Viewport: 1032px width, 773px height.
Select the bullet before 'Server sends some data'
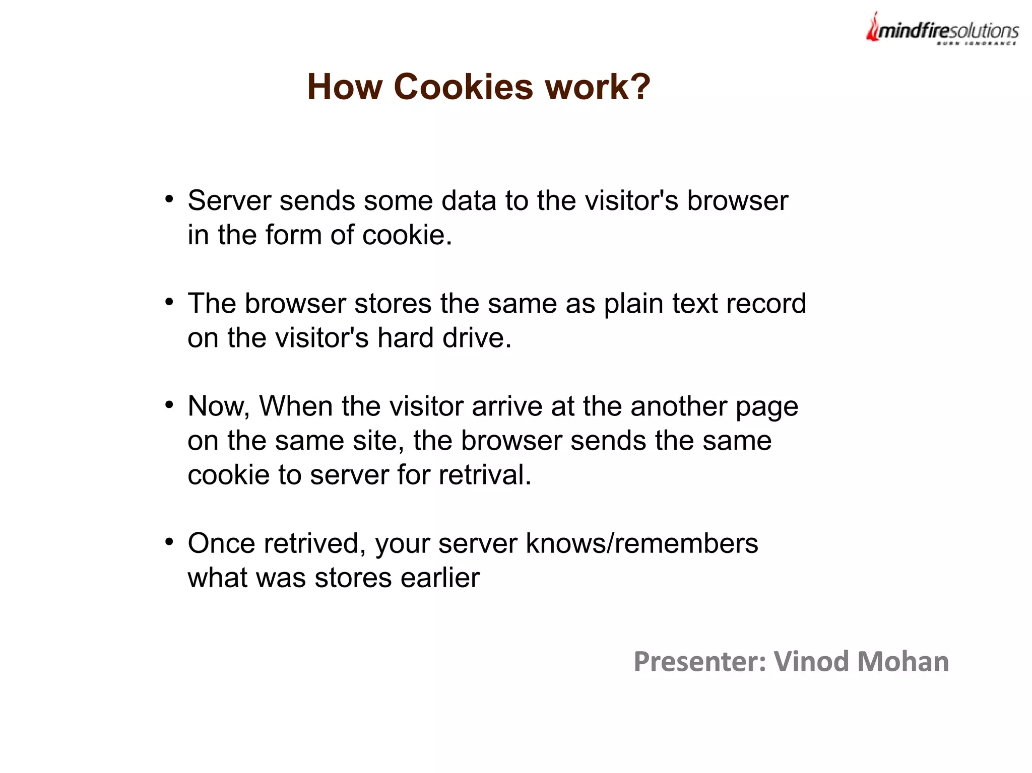pyautogui.click(x=169, y=199)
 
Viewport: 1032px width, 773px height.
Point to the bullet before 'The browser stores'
pyautogui.click(x=169, y=302)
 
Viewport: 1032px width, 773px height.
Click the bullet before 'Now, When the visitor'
pyautogui.click(x=169, y=404)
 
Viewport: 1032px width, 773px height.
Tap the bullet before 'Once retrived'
pyautogui.click(x=169, y=542)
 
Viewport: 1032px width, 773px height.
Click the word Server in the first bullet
pyautogui.click(x=229, y=201)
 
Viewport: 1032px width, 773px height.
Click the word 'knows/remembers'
pyautogui.click(x=641, y=544)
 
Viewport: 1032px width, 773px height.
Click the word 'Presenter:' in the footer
pyautogui.click(x=700, y=662)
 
